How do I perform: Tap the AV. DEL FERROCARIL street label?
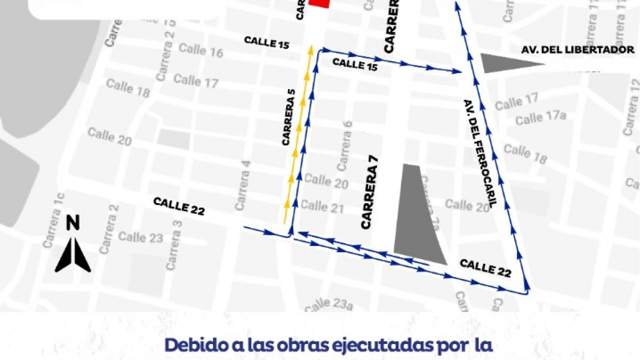(x=480, y=153)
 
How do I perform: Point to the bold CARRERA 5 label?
(x=289, y=118)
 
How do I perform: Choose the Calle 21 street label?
(x=322, y=206)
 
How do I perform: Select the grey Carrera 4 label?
(x=243, y=185)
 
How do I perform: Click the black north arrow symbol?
(x=73, y=254)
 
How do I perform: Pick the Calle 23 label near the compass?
(x=141, y=237)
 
